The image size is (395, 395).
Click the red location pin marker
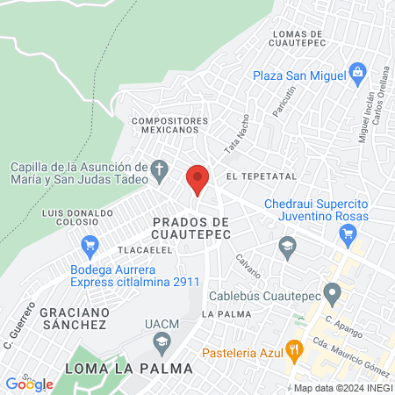click(x=197, y=180)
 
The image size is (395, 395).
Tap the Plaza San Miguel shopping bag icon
click(x=356, y=71)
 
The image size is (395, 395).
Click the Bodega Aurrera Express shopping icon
click(x=89, y=245)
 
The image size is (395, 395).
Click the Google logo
click(x=29, y=384)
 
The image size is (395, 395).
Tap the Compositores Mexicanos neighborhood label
click(x=170, y=125)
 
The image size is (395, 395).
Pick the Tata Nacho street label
click(x=237, y=134)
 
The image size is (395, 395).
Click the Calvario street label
click(x=248, y=262)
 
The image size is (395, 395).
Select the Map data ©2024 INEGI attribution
click(x=342, y=388)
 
